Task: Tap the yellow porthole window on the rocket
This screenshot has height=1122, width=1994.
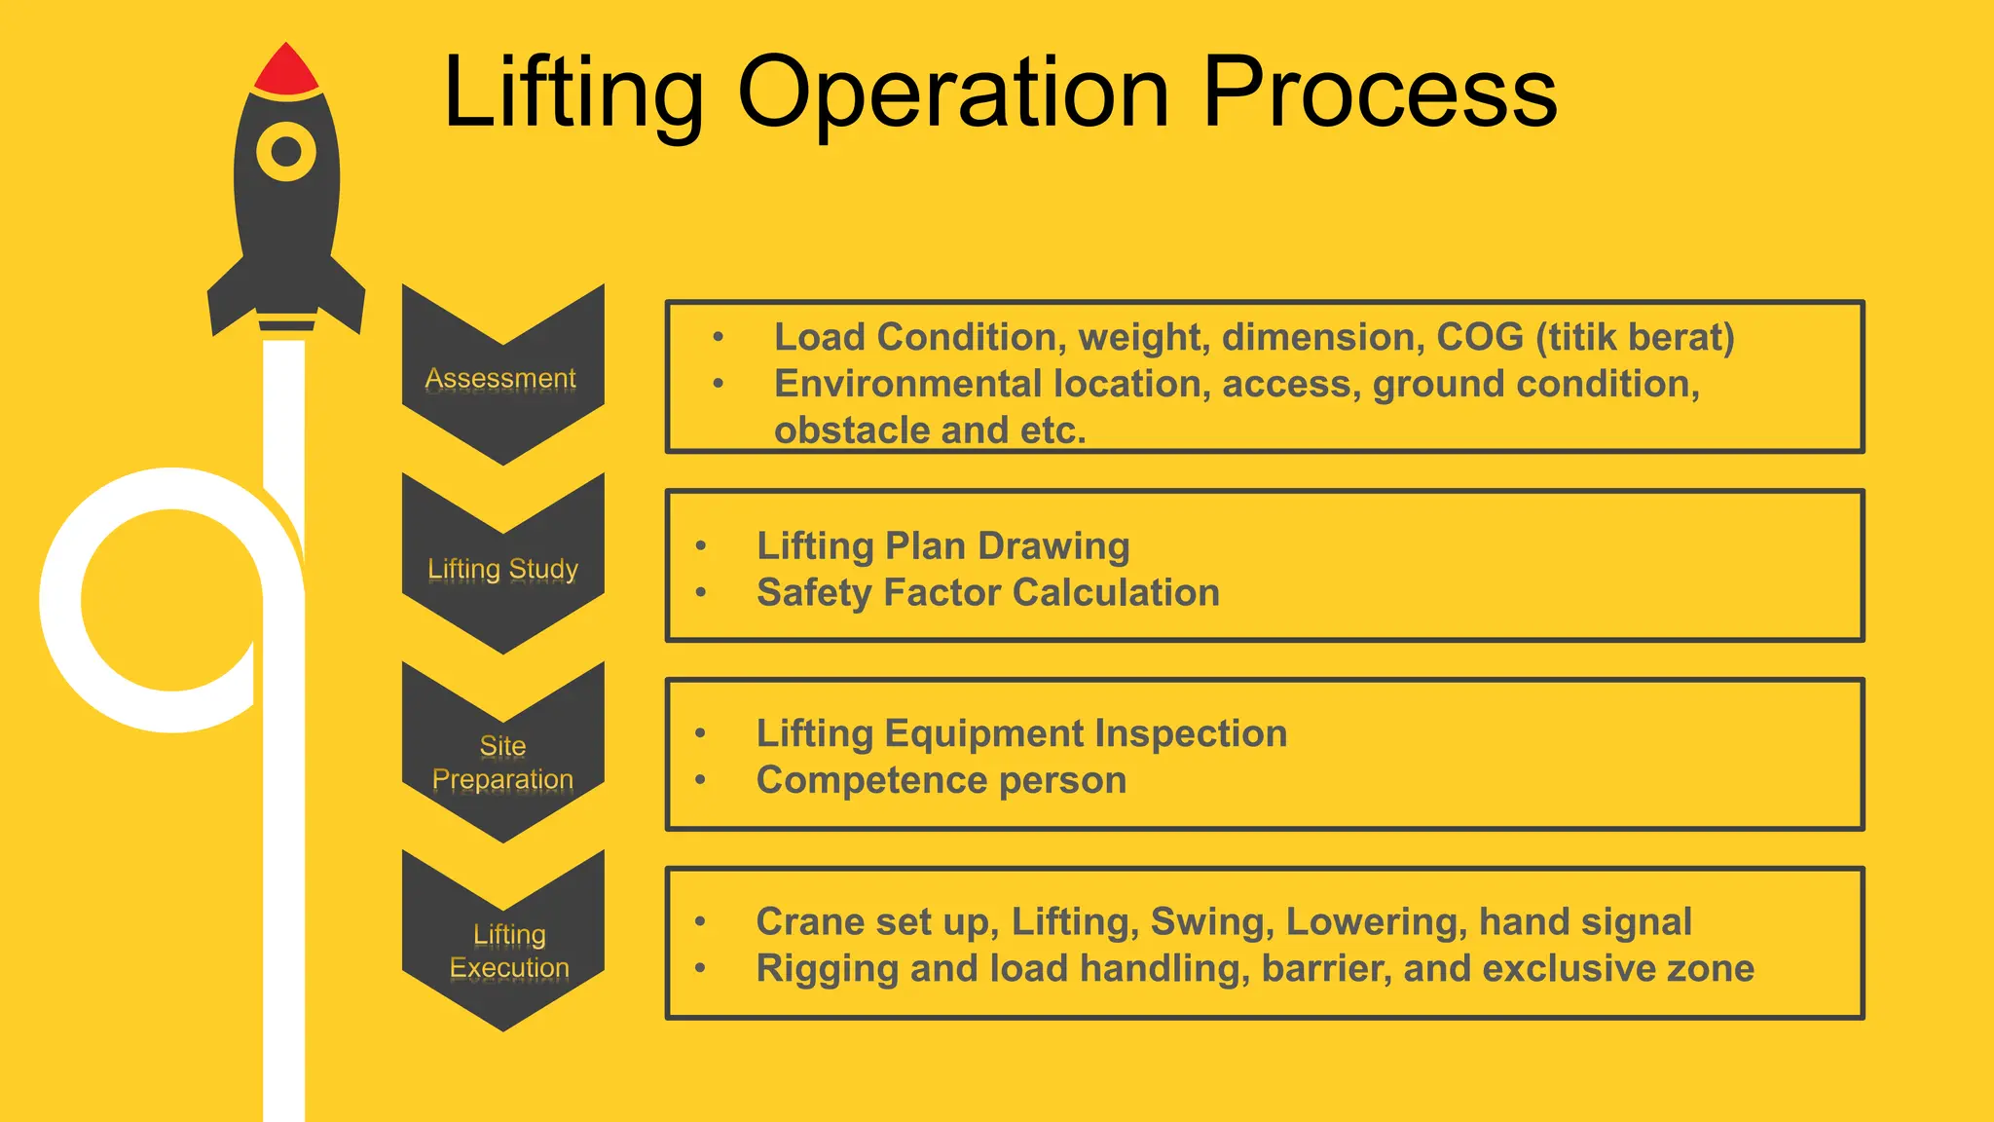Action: tap(286, 152)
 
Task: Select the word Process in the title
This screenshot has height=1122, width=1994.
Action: tap(1380, 93)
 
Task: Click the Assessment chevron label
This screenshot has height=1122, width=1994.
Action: tap(501, 378)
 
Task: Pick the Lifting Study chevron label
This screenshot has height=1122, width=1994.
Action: tap(502, 568)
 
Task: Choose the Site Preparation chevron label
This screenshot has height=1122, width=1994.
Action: tap(502, 763)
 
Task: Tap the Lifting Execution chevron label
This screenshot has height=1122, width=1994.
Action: tap(508, 951)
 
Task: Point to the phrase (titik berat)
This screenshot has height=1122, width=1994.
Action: tap(1636, 337)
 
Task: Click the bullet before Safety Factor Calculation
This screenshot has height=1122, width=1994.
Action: tap(701, 592)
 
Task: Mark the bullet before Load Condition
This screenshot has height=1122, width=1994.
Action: tap(719, 337)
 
